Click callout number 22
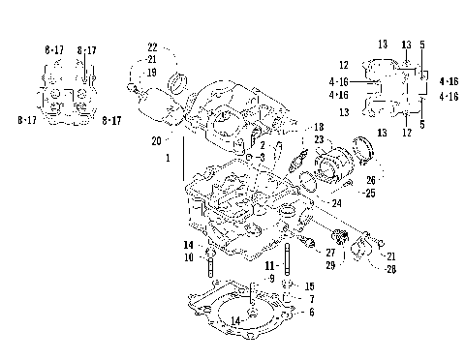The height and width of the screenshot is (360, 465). pyautogui.click(x=152, y=47)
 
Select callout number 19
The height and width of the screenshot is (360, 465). pyautogui.click(x=152, y=72)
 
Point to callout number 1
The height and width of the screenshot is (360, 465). pyautogui.click(x=169, y=157)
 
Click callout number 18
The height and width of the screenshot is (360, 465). pyautogui.click(x=318, y=128)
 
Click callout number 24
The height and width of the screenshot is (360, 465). pyautogui.click(x=337, y=204)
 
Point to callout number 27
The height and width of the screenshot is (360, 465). pyautogui.click(x=329, y=253)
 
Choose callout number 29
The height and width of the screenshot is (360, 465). pyautogui.click(x=329, y=264)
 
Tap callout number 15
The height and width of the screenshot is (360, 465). pyautogui.click(x=309, y=286)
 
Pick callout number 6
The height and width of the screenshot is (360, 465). pyautogui.click(x=310, y=313)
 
